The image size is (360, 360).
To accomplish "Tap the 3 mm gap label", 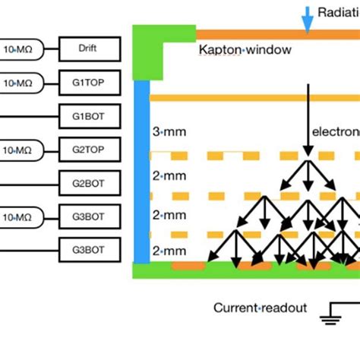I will point(169,131).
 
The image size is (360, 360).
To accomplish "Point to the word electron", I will point(334,131).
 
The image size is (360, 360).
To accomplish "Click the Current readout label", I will point(260,308).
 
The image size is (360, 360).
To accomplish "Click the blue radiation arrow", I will point(307,20).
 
